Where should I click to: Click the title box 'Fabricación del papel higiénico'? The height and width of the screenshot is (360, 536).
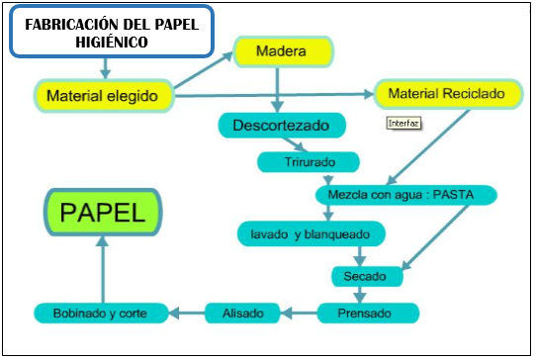[110, 32]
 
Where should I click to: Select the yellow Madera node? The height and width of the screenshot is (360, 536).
[282, 50]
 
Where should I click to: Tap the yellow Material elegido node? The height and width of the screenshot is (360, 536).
[104, 96]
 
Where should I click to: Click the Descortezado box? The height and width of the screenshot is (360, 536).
[282, 126]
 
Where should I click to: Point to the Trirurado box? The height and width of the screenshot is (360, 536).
[309, 161]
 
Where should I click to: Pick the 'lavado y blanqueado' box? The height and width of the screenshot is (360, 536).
[312, 234]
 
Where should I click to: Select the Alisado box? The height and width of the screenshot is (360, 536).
[242, 314]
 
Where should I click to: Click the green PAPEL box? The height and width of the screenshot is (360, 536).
[103, 213]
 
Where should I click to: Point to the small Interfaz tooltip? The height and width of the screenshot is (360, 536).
[402, 124]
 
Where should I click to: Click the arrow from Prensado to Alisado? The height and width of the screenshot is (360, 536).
[300, 314]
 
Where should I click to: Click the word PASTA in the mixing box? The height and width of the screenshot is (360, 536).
[451, 194]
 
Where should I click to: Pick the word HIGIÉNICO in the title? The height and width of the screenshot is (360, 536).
[110, 43]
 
